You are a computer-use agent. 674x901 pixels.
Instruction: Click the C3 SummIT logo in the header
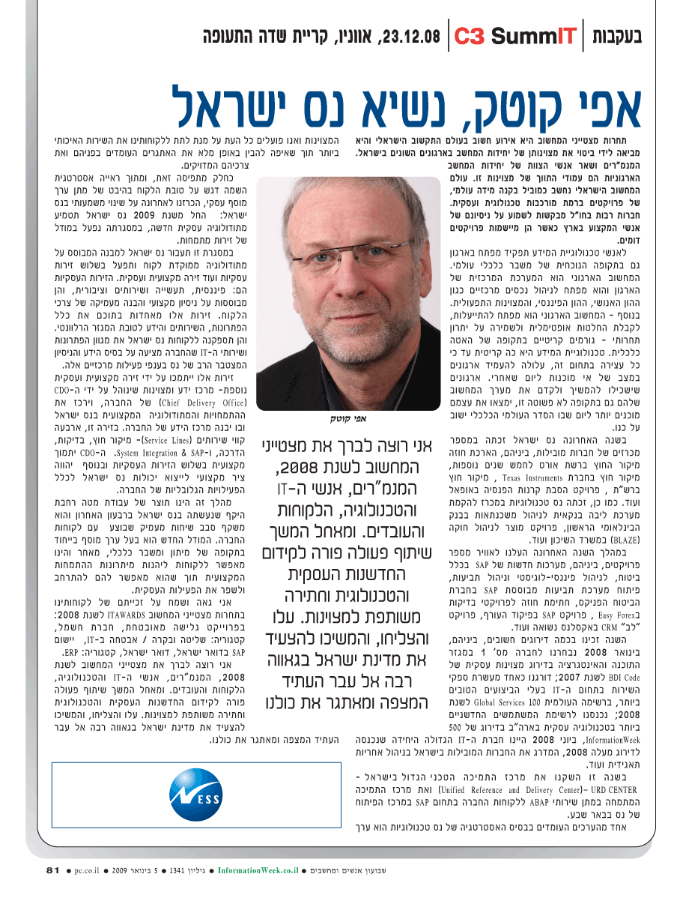click(x=514, y=35)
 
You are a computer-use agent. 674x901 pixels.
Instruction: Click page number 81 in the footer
click(x=52, y=870)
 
